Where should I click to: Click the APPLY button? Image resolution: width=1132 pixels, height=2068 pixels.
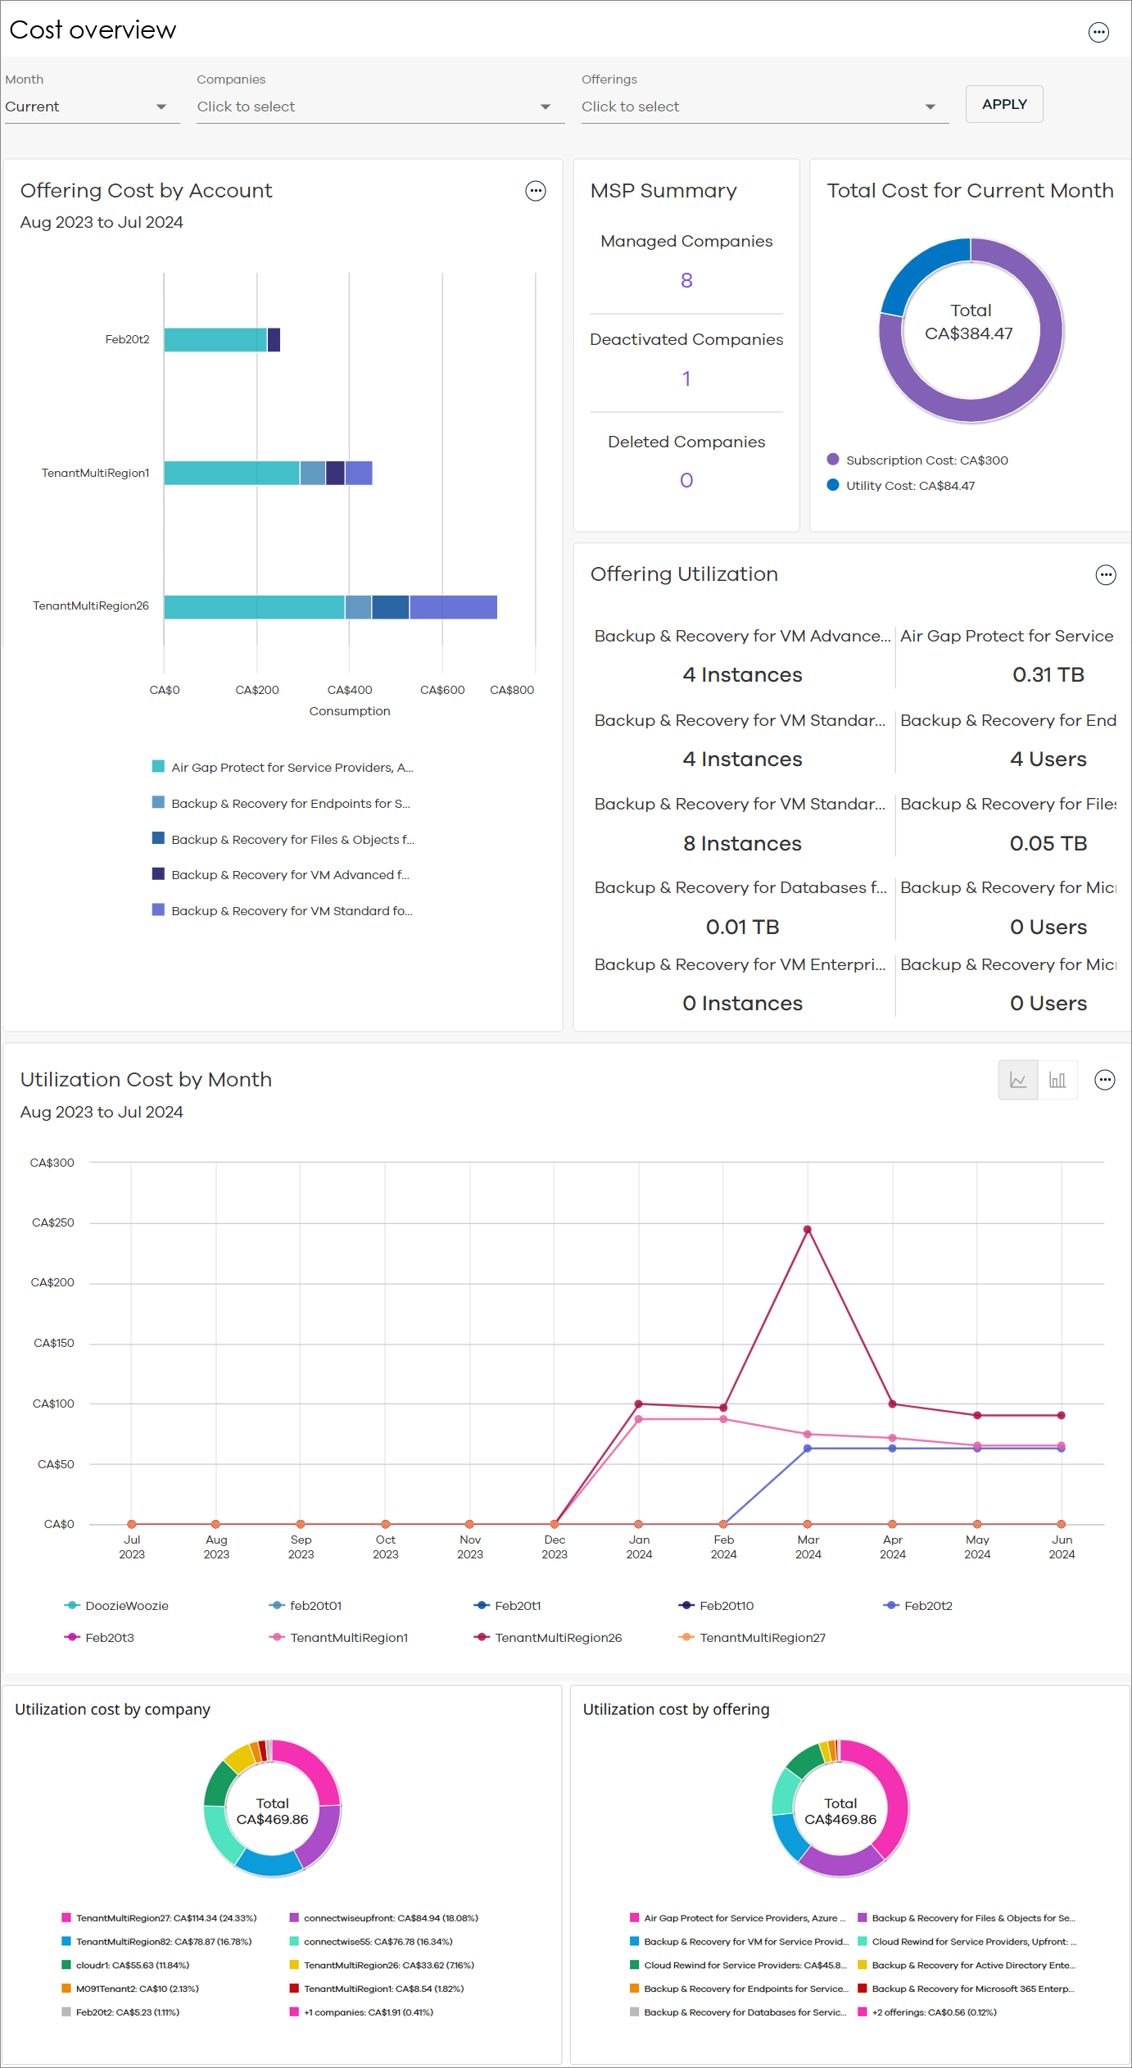pyautogui.click(x=1003, y=104)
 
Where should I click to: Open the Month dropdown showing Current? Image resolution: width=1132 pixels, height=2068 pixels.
pyautogui.click(x=90, y=107)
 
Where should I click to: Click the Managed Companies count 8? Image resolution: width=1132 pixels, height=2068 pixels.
pyautogui.click(x=686, y=280)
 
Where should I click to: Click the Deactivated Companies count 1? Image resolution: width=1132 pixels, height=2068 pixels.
pyautogui.click(x=686, y=379)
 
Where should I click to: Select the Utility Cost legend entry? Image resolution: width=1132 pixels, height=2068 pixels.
pyautogui.click(x=909, y=486)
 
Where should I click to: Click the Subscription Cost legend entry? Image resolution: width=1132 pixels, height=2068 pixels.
pyautogui.click(x=926, y=460)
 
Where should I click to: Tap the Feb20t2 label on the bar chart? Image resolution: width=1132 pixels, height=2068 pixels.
pyautogui.click(x=127, y=339)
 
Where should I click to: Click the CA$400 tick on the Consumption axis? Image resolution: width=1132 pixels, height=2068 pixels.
pyautogui.click(x=350, y=690)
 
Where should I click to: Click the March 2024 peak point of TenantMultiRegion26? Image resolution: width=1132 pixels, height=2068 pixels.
pyautogui.click(x=808, y=1230)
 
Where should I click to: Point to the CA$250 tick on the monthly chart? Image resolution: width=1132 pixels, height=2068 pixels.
pyautogui.click(x=53, y=1222)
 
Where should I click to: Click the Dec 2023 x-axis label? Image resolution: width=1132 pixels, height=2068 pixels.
pyautogui.click(x=555, y=1547)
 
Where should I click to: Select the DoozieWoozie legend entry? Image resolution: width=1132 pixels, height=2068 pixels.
pyautogui.click(x=125, y=1606)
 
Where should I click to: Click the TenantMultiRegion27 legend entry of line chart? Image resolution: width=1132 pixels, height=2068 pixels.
pyautogui.click(x=762, y=1638)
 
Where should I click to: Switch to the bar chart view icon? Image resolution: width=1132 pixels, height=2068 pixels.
pyautogui.click(x=1057, y=1080)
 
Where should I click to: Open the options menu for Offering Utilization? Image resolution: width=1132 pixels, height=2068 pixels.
pyautogui.click(x=1106, y=575)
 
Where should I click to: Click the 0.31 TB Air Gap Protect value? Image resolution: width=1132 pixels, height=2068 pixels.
pyautogui.click(x=1048, y=674)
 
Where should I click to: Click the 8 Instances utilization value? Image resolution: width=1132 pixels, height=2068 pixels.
pyautogui.click(x=742, y=843)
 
